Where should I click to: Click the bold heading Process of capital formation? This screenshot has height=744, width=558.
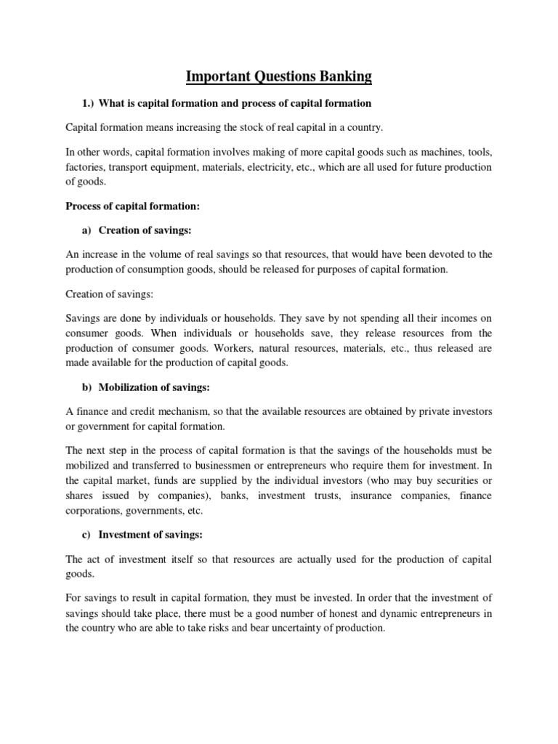click(132, 206)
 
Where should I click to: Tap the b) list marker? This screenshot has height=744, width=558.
click(87, 387)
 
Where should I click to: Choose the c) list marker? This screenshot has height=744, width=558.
click(87, 535)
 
